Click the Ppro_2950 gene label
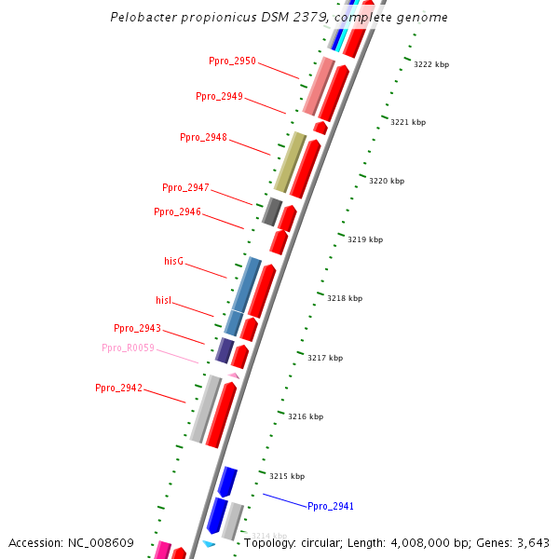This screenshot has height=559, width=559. click(232, 61)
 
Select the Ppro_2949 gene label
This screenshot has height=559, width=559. click(219, 97)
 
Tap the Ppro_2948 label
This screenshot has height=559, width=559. click(203, 138)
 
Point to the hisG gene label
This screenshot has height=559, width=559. click(173, 262)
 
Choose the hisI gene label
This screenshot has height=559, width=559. click(164, 300)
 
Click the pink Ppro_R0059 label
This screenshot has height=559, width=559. click(128, 348)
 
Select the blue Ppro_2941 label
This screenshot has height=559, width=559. click(331, 507)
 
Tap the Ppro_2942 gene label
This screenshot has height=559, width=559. click(118, 388)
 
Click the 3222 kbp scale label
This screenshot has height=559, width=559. click(431, 64)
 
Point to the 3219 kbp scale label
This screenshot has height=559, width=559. click(365, 239)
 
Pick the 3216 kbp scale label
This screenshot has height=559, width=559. click(306, 416)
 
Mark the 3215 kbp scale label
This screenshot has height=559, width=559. click(287, 476)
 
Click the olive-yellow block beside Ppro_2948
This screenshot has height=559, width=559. click(290, 162)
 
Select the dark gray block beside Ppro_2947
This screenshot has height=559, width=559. click(272, 211)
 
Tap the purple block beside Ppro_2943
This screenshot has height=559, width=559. click(225, 350)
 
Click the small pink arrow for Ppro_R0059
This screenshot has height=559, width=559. click(234, 375)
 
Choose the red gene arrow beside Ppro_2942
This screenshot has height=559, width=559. click(221, 415)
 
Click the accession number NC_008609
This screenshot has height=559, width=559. click(97, 543)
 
